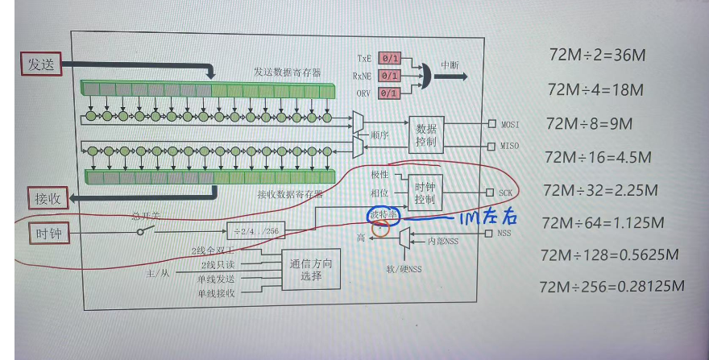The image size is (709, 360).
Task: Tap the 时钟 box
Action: coord(47,234)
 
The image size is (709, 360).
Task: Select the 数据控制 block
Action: coord(426,134)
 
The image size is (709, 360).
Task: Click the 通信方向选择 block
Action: coord(311,270)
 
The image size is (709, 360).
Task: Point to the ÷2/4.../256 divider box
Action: coord(256,231)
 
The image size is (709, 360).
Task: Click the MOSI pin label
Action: coord(509,125)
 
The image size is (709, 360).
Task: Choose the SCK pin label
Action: coord(505,193)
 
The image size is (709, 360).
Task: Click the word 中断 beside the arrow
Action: coord(450,65)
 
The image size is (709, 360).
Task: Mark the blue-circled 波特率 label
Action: coord(383,215)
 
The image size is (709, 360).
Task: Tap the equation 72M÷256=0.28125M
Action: coord(612,286)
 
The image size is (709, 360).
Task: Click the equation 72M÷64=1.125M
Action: coord(603,222)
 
